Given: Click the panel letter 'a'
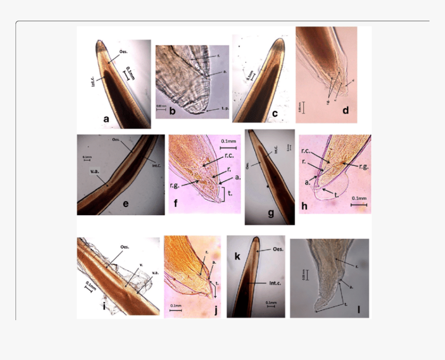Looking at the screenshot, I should [x=107, y=119].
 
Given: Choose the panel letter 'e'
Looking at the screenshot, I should [x=125, y=203].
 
